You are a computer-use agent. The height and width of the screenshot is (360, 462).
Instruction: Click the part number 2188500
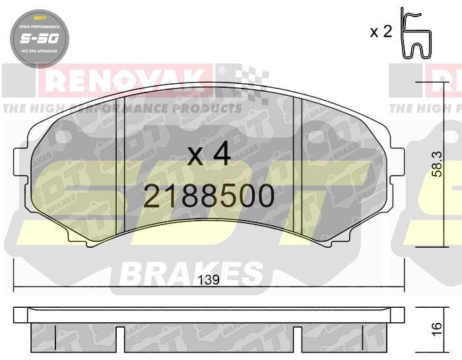(209, 196)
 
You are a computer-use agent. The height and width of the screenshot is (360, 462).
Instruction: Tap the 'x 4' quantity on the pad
(209, 155)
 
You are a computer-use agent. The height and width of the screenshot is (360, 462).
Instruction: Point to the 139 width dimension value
(209, 280)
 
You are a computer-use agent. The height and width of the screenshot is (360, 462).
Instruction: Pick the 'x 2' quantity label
(381, 32)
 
